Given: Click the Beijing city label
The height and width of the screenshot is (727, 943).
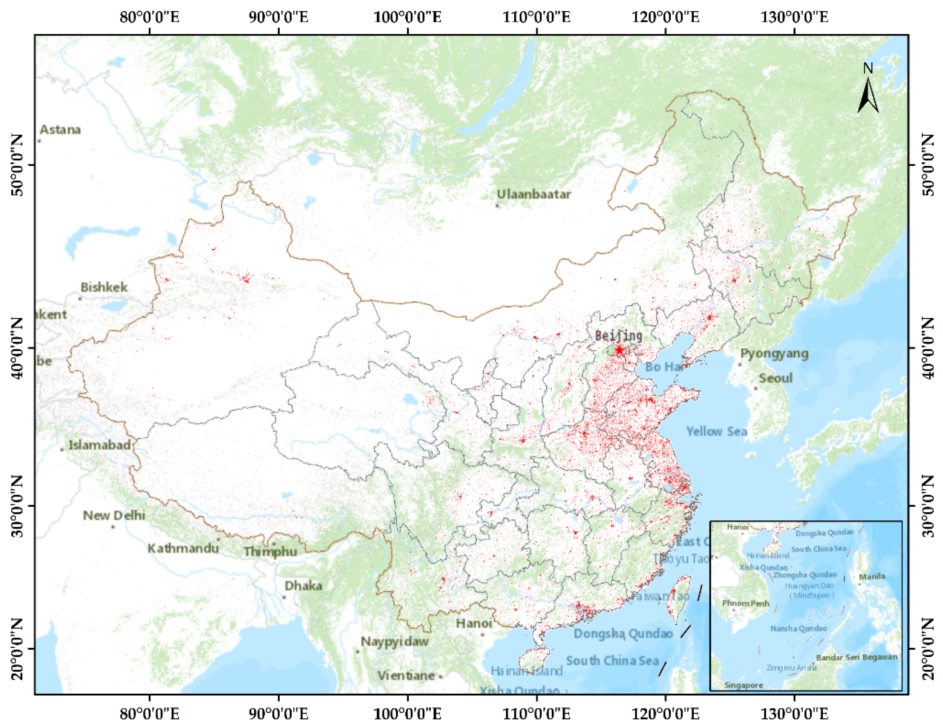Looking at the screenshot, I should click(618, 336).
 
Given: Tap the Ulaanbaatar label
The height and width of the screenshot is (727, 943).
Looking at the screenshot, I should click(534, 195).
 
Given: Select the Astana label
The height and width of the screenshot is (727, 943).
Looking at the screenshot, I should click(61, 130).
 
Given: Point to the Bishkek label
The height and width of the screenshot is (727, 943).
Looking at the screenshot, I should click(104, 287).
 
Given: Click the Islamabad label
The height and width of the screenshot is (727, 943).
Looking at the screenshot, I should click(100, 445).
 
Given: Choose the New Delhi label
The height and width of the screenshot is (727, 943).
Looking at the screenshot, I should click(114, 515).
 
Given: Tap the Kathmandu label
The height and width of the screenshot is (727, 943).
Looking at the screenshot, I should click(183, 548).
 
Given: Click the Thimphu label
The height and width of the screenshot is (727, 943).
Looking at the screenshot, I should click(270, 552).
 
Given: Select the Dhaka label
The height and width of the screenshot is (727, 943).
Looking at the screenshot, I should click(303, 586).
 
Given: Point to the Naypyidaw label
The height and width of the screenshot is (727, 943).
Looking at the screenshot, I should click(395, 641).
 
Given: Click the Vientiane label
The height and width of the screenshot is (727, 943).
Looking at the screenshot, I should click(406, 675).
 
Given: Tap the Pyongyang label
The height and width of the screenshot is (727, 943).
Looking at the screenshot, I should click(774, 353).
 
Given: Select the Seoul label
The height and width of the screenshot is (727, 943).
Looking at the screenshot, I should click(776, 378).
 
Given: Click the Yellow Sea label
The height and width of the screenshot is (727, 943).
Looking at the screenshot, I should click(717, 431).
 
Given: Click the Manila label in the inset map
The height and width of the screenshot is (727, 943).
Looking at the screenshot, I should click(872, 577).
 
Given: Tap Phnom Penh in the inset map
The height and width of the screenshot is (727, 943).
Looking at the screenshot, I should click(746, 603).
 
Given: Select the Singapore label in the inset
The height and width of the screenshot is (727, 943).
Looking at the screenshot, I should click(743, 686).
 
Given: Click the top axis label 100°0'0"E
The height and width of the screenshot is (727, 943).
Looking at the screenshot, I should click(407, 17).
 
